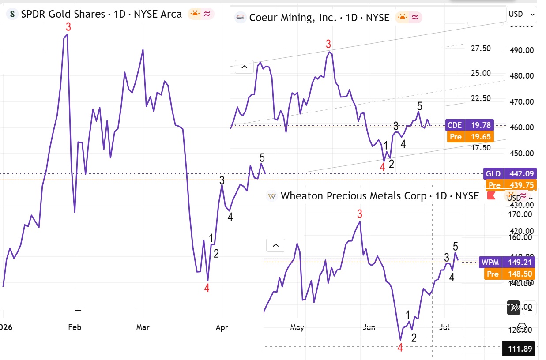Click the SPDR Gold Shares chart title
tap(101, 14)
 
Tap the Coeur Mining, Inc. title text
tap(319, 18)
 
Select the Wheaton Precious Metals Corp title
tap(380, 196)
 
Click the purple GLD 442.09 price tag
tap(509, 174)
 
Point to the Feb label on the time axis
tap(75, 327)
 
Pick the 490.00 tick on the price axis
tap(521, 50)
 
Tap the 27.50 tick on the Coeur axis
tap(481, 49)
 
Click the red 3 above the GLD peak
tap(68, 27)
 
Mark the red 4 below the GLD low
tap(207, 288)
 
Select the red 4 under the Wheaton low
tap(400, 348)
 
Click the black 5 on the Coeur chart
tap(420, 106)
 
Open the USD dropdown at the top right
tap(521, 14)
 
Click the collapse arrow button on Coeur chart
tap(244, 67)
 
